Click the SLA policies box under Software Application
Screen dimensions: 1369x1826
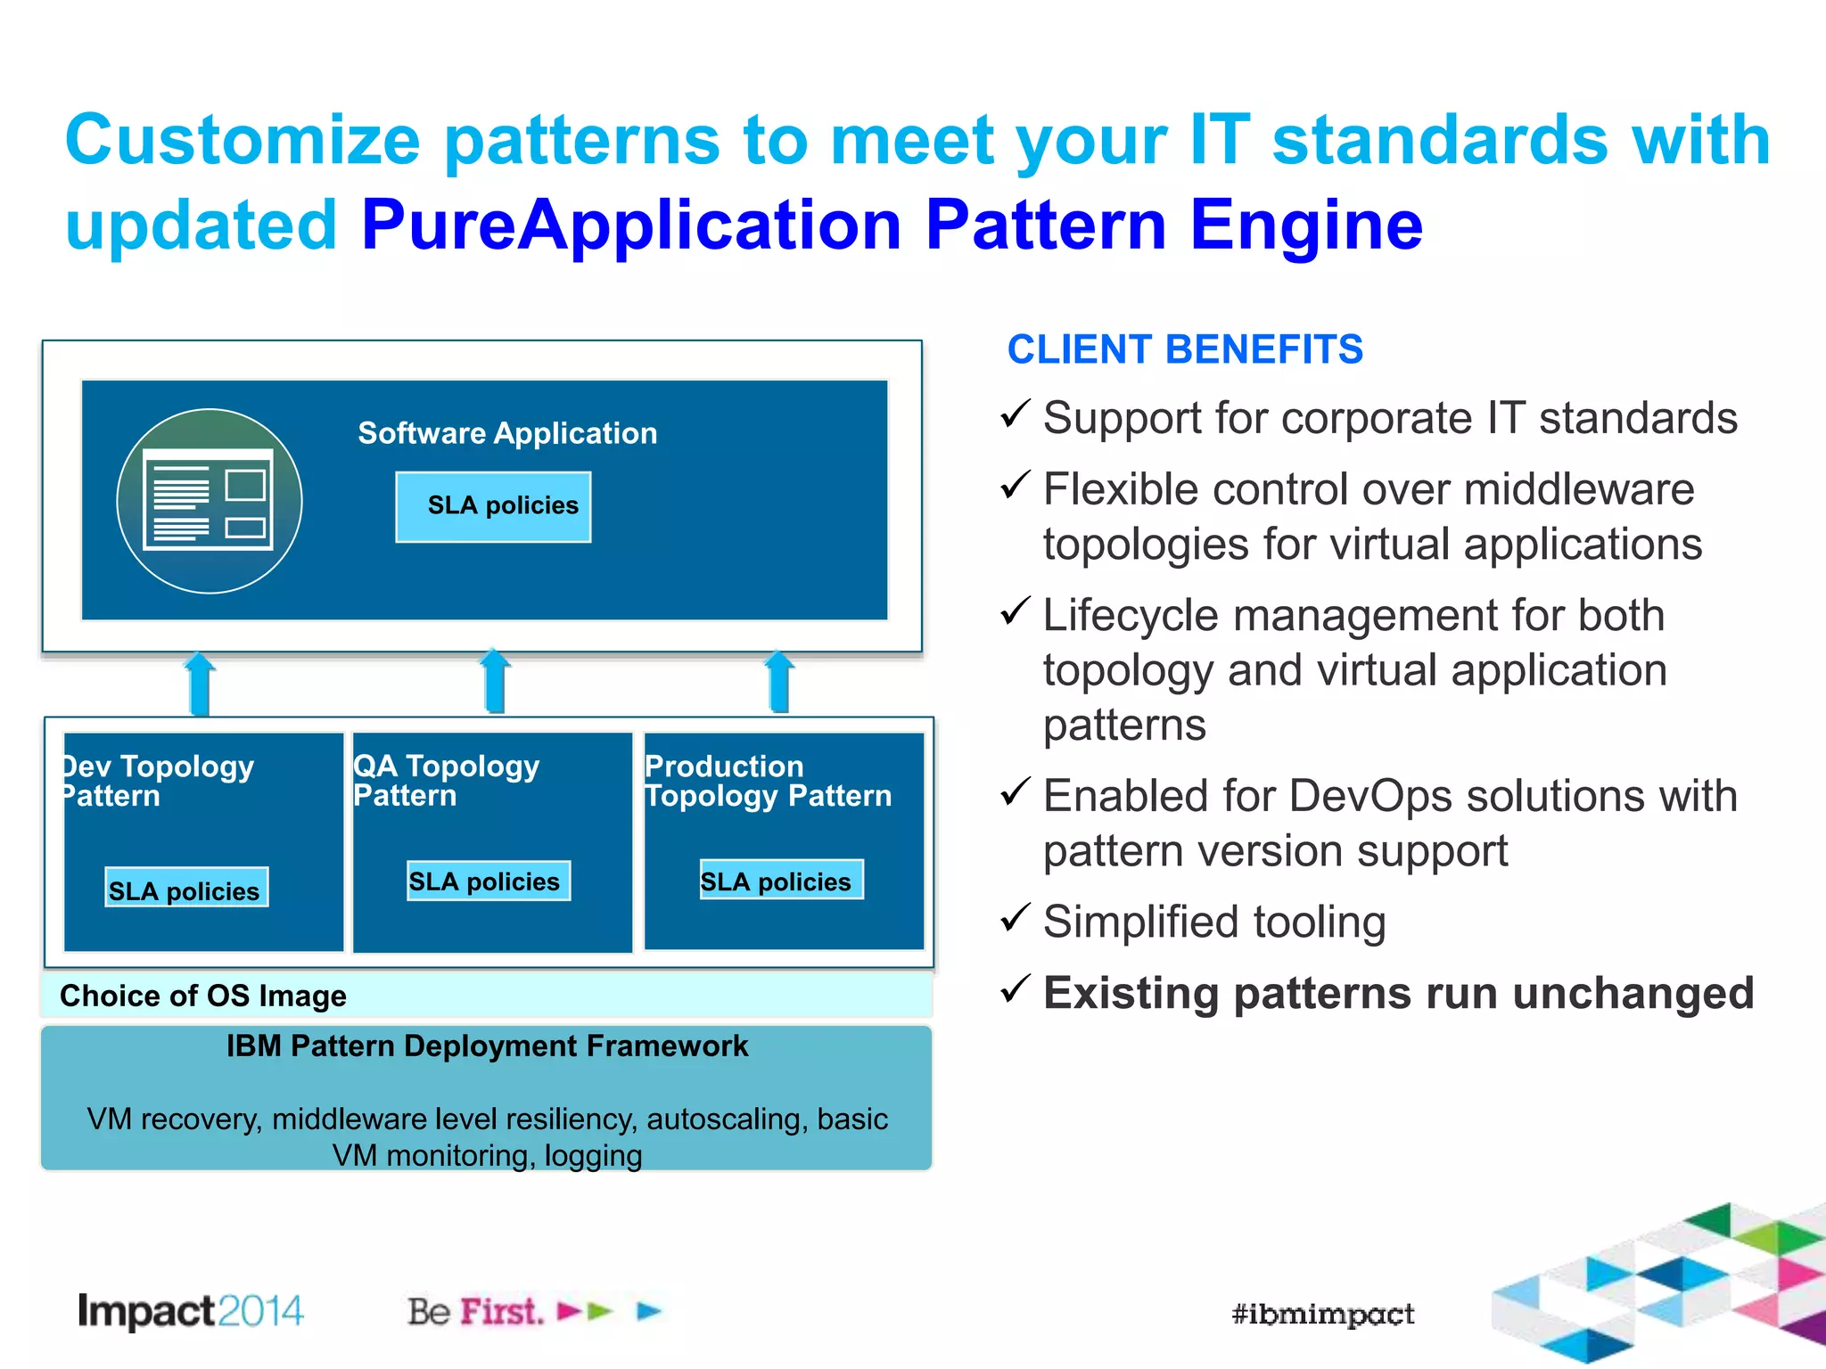(x=493, y=506)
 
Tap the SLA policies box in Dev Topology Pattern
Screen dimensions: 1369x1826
(x=186, y=888)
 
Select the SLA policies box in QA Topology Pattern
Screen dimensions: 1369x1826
(x=488, y=881)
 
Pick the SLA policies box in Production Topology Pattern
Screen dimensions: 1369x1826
(x=781, y=880)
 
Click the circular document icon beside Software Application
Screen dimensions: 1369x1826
(x=210, y=501)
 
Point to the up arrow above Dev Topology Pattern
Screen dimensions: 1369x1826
(x=200, y=684)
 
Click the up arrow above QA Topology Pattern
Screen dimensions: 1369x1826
(x=495, y=682)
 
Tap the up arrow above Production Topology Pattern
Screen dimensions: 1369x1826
(x=780, y=682)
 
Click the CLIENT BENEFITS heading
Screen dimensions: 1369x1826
(x=1184, y=349)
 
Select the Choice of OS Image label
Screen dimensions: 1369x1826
(x=203, y=996)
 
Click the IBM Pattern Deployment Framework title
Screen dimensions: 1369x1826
(x=487, y=1046)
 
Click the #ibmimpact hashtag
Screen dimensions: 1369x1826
(x=1322, y=1314)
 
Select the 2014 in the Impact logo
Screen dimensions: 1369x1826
(x=260, y=1311)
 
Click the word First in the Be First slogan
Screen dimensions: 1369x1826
(x=501, y=1312)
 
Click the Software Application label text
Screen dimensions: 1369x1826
(x=507, y=433)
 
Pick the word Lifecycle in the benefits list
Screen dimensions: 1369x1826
(x=1130, y=616)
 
